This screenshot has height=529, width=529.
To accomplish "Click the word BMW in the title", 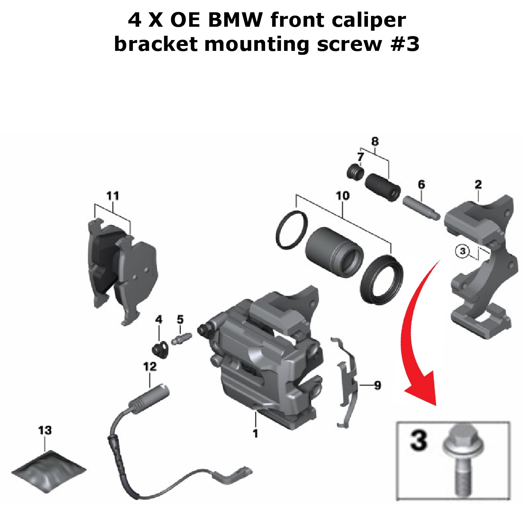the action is click(x=235, y=20).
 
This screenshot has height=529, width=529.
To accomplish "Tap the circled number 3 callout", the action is click(x=463, y=251).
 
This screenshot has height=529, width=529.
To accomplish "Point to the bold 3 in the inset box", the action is click(x=418, y=440).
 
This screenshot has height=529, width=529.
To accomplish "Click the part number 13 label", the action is click(x=45, y=430).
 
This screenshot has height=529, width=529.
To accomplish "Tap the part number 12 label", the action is click(x=150, y=366).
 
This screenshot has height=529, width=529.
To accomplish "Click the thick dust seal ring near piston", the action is click(x=382, y=279).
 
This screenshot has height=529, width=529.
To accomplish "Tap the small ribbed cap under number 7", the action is click(x=356, y=172).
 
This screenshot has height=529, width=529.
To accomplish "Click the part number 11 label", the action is click(x=112, y=196).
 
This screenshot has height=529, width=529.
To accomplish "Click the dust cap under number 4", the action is click(x=160, y=350).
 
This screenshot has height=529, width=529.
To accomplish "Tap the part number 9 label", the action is click(x=378, y=385).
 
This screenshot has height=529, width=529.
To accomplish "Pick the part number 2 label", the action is click(x=478, y=184).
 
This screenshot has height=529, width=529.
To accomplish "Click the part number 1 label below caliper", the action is click(x=255, y=433).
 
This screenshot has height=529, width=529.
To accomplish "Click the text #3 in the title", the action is click(x=405, y=44).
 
